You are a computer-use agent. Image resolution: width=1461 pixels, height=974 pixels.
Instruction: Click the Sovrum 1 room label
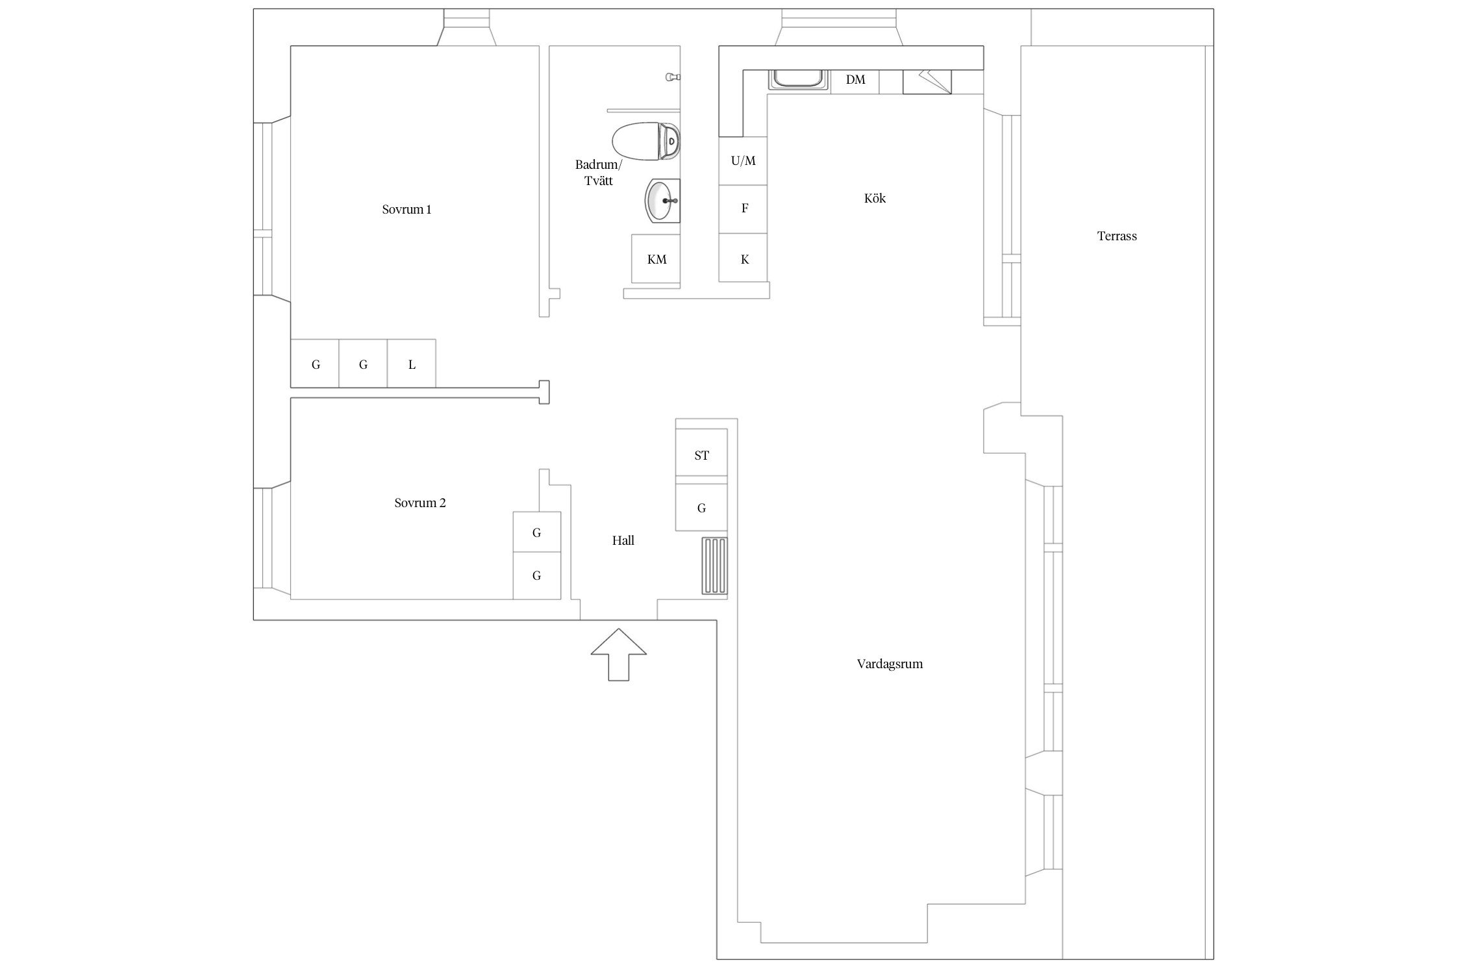coord(406,210)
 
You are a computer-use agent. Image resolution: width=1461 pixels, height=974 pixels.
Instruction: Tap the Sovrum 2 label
coord(420,503)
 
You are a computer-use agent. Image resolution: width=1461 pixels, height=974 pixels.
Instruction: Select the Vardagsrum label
coord(890,664)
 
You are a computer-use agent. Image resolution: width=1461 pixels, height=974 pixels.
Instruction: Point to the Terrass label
coord(1117,236)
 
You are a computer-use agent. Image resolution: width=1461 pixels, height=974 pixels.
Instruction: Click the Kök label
coord(875,199)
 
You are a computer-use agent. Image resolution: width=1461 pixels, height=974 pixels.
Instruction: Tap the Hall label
coord(623,540)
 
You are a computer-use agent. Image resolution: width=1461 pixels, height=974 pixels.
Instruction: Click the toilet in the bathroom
coord(646,141)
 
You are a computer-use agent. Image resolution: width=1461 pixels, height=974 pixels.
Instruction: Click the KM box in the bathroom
coord(656,259)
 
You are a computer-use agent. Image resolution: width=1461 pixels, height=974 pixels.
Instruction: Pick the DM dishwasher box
coord(855,81)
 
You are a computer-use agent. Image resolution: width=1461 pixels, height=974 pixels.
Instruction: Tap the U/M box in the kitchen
coord(743,161)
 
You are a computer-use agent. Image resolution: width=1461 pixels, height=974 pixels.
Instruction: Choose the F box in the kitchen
coord(743,209)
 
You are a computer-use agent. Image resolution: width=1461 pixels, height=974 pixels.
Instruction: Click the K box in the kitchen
coord(743,258)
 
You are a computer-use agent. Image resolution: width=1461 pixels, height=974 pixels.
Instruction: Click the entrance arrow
coord(618,655)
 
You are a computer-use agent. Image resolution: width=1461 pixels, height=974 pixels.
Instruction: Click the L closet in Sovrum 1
coord(412,364)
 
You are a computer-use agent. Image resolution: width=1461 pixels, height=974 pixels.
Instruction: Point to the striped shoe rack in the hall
coord(714,566)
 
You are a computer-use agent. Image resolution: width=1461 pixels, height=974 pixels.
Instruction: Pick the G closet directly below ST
coord(701,507)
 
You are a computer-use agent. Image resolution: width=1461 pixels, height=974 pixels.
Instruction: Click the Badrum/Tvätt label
coord(598,173)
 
